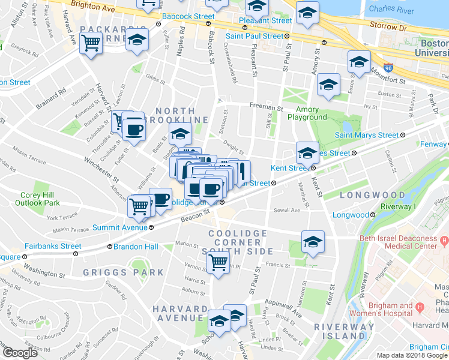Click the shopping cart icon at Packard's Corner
point(91,43)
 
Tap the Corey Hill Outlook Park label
point(38,199)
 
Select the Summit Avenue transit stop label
point(120,227)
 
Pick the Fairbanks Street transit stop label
point(53,246)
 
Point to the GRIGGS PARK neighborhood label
point(123,272)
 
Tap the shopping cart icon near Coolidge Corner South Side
point(218,261)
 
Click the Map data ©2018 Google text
point(411,355)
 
